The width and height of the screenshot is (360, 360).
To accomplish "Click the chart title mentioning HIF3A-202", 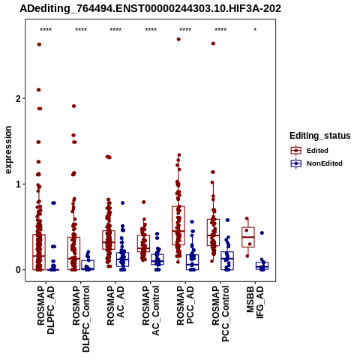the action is [x=150, y=8].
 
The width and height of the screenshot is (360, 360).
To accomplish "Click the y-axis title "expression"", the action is [x=8, y=150].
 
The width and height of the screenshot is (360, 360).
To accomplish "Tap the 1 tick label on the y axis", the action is [x=18, y=184].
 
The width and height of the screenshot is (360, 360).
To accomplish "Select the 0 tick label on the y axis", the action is [x=18, y=270].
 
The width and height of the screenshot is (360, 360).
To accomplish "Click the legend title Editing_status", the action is [x=320, y=136].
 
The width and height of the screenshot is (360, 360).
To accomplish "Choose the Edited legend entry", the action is [x=309, y=151].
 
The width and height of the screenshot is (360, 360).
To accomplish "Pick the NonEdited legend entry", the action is [x=316, y=163].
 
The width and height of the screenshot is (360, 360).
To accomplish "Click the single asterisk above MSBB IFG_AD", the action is [x=255, y=30].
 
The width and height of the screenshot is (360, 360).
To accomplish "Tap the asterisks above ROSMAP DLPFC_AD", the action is [x=46, y=30].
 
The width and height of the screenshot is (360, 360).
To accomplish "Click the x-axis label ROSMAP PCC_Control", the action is [x=220, y=314].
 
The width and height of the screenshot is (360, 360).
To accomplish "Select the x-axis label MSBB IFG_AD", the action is [x=255, y=302].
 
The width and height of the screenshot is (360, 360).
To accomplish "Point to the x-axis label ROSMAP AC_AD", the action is [x=115, y=305].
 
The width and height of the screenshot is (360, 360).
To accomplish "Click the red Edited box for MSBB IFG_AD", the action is [x=248, y=237].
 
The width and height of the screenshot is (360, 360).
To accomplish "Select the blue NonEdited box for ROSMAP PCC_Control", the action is [x=227, y=261].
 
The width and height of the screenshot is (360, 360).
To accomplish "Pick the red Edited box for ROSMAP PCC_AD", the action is [x=178, y=226].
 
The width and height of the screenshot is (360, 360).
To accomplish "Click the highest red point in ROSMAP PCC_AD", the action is [x=178, y=39].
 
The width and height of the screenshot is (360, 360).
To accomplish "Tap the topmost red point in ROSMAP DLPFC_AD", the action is [x=39, y=44].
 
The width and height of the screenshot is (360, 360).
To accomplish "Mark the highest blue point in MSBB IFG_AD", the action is [x=262, y=233].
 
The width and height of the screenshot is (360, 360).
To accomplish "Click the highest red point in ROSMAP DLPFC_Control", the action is [x=73, y=106].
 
